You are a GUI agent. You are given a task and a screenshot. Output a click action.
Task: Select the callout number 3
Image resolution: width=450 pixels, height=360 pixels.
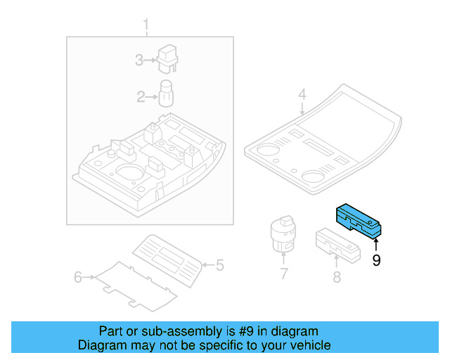139,60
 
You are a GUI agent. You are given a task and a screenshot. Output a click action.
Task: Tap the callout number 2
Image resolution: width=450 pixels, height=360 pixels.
141,97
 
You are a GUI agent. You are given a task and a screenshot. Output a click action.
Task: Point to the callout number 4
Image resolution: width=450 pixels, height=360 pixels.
302,94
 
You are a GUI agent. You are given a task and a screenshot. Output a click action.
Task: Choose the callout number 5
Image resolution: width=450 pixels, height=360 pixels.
220,265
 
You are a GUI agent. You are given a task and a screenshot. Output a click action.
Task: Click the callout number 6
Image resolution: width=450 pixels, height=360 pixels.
78,277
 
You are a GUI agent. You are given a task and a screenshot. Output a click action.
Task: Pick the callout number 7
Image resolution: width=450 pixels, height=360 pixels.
283,274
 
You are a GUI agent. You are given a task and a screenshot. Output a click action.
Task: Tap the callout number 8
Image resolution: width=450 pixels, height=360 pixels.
337,277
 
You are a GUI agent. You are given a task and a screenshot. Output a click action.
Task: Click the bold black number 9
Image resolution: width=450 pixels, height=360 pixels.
376,260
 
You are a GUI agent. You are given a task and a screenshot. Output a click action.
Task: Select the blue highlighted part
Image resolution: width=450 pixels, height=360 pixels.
359,221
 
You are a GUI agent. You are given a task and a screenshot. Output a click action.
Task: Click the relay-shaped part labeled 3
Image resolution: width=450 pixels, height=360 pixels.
167,59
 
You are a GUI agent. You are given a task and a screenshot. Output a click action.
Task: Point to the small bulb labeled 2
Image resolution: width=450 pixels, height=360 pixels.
166,94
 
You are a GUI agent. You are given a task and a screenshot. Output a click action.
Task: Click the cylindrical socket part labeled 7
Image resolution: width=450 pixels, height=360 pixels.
283,234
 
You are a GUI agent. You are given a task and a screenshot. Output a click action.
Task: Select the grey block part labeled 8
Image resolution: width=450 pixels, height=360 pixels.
338,245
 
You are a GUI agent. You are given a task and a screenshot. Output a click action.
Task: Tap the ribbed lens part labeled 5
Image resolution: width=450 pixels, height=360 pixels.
167,261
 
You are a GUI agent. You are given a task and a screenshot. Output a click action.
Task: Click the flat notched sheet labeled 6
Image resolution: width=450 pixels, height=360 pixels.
136,286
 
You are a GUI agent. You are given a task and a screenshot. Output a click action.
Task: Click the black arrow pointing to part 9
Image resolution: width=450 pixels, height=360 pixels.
376,245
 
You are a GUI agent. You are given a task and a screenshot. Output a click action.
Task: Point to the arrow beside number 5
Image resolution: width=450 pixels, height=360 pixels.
208,264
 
